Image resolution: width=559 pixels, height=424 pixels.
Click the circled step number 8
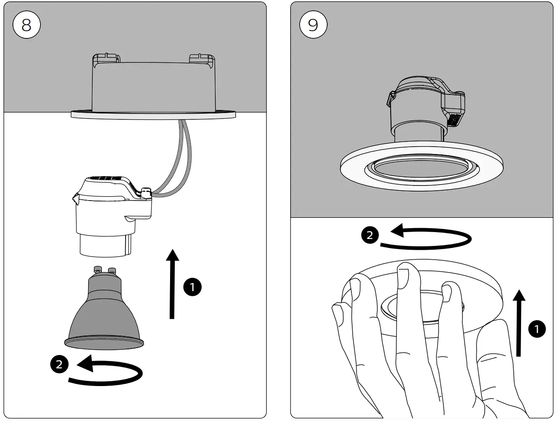(x=26, y=25)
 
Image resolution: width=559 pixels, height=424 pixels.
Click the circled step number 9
(x=313, y=25)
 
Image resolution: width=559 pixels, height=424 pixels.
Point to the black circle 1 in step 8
(x=192, y=287)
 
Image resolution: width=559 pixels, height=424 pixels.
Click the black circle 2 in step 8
(x=59, y=364)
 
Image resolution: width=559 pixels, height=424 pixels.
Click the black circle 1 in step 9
(x=537, y=330)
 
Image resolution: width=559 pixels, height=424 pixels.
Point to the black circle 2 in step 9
(x=370, y=235)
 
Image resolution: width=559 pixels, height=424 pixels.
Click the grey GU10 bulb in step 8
(x=104, y=315)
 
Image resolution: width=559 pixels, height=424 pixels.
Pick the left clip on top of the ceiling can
(x=105, y=58)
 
